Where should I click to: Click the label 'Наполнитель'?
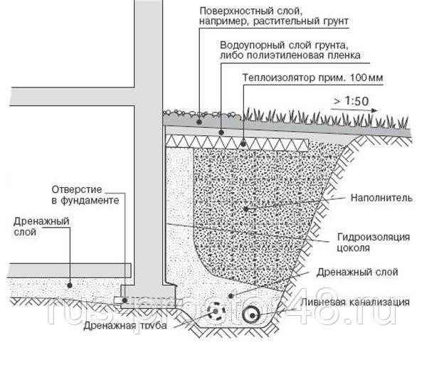(381, 198)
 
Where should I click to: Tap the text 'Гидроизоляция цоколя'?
(374, 242)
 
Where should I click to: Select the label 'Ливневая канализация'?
(355, 302)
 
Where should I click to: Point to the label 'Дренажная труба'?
(125, 326)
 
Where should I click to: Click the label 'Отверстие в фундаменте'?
(85, 195)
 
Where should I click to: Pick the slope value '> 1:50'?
(351, 101)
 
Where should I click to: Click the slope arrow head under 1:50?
(374, 111)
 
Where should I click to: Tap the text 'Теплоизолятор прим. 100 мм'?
(312, 78)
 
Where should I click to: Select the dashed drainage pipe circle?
(216, 312)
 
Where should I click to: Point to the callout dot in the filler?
(245, 209)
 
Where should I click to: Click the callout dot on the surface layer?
(199, 122)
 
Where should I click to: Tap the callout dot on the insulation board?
(243, 144)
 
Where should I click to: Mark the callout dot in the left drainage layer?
(70, 285)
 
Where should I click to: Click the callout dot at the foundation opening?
(125, 300)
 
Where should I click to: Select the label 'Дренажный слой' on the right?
(357, 272)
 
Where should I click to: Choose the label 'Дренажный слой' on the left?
(41, 226)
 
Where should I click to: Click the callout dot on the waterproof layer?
(221, 132)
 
